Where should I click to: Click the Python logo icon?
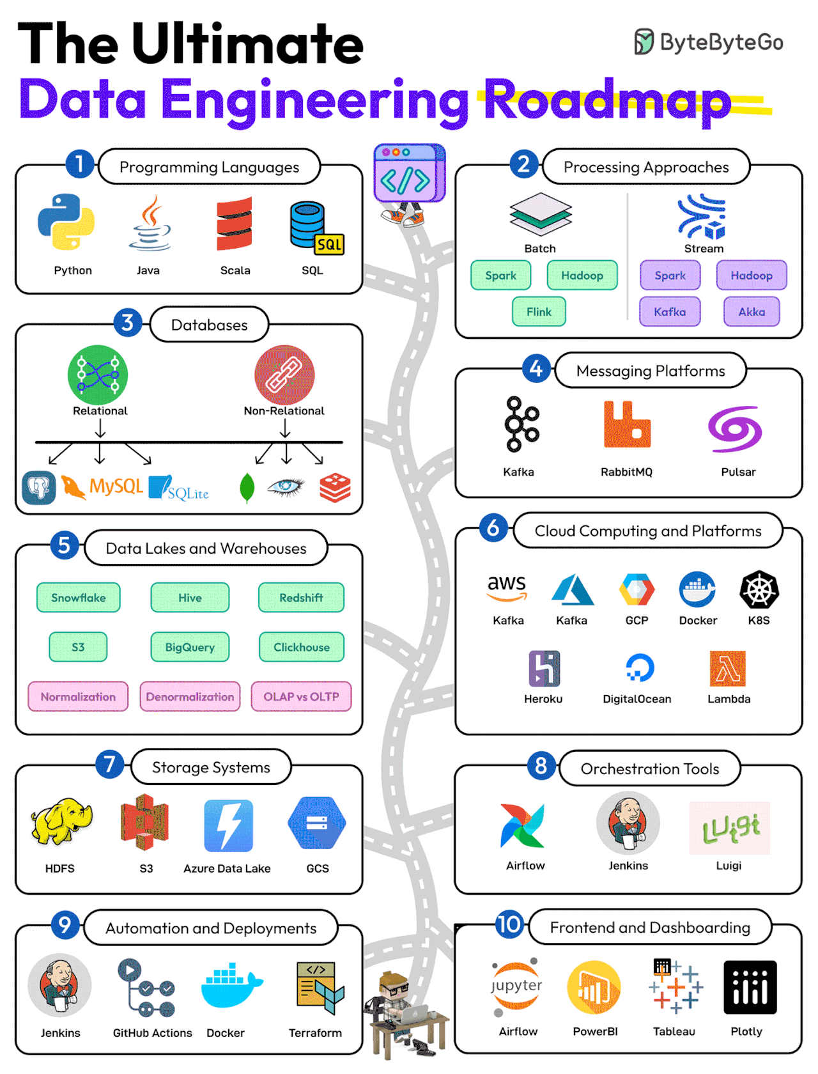coord(66,222)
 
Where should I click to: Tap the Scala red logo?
coord(234,224)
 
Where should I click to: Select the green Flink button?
coord(539,311)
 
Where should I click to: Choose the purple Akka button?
coord(751,311)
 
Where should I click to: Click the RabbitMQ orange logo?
coord(626,425)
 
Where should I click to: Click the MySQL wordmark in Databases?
coord(115,486)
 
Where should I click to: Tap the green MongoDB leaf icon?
coord(247,488)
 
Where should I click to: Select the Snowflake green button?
coord(79,597)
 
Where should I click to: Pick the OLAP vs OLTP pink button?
coord(301,696)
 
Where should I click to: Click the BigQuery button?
coord(190,647)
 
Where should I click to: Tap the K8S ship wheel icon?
coord(759,589)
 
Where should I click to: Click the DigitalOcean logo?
coord(639,668)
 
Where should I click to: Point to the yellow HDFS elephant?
coord(61,821)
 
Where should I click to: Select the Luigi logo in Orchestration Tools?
coord(729,828)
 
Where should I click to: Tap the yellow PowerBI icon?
coord(594,988)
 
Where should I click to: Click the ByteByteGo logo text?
coord(721,42)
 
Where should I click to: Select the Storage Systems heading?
coord(211,767)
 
